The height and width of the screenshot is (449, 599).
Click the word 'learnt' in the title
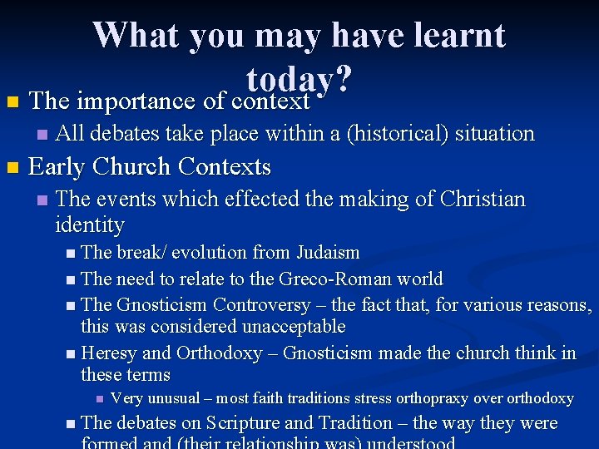(x=460, y=35)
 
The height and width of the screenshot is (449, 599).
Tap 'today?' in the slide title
(x=299, y=81)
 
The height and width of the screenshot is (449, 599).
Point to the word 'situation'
(x=493, y=133)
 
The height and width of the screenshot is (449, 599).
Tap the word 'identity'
(x=90, y=225)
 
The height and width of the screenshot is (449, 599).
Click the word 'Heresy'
(x=110, y=353)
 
